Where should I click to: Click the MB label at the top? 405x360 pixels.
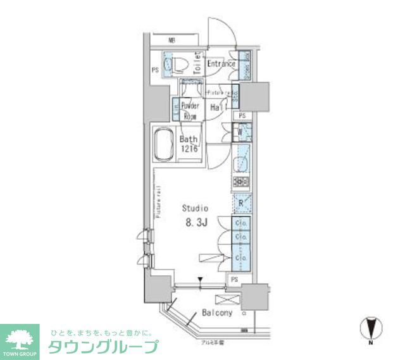click(x=171, y=39)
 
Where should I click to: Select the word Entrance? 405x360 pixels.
click(x=221, y=64)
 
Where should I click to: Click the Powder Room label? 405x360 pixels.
click(x=190, y=111)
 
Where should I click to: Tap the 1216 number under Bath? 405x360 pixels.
click(x=190, y=149)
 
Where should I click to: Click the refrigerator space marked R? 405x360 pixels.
click(x=241, y=203)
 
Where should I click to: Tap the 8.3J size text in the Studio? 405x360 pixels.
click(x=196, y=222)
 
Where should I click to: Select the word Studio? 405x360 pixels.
click(x=196, y=208)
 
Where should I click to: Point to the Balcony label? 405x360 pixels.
click(x=217, y=313)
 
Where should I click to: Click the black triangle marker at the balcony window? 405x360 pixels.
click(x=201, y=280)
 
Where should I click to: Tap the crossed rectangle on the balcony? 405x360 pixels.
click(x=225, y=300)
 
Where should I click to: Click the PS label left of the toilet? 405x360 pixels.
click(x=154, y=70)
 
